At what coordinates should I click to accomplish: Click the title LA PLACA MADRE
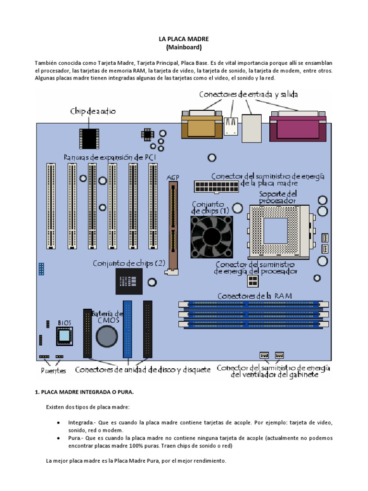[x=184, y=39]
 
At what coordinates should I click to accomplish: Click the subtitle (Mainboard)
[x=184, y=47]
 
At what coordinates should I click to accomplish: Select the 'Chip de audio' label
[x=93, y=111]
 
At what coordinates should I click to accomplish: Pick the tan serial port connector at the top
[x=201, y=125]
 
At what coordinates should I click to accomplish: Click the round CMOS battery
[x=106, y=337]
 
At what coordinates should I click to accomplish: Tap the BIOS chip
[x=64, y=337]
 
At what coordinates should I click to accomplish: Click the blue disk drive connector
[x=127, y=329]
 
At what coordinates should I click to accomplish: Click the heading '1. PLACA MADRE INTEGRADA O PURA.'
[x=84, y=392]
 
